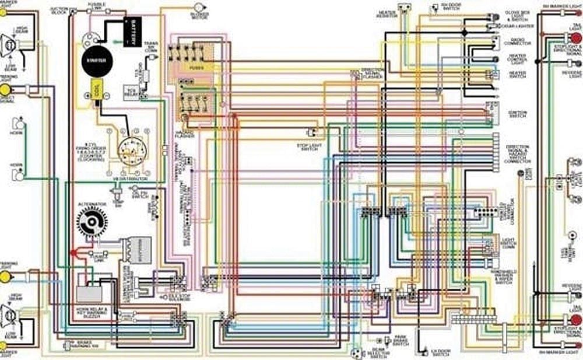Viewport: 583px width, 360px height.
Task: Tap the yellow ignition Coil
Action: pos(96,90)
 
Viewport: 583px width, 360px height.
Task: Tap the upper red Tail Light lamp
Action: pos(575,39)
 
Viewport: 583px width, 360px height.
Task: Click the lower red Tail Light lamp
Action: pos(575,320)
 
